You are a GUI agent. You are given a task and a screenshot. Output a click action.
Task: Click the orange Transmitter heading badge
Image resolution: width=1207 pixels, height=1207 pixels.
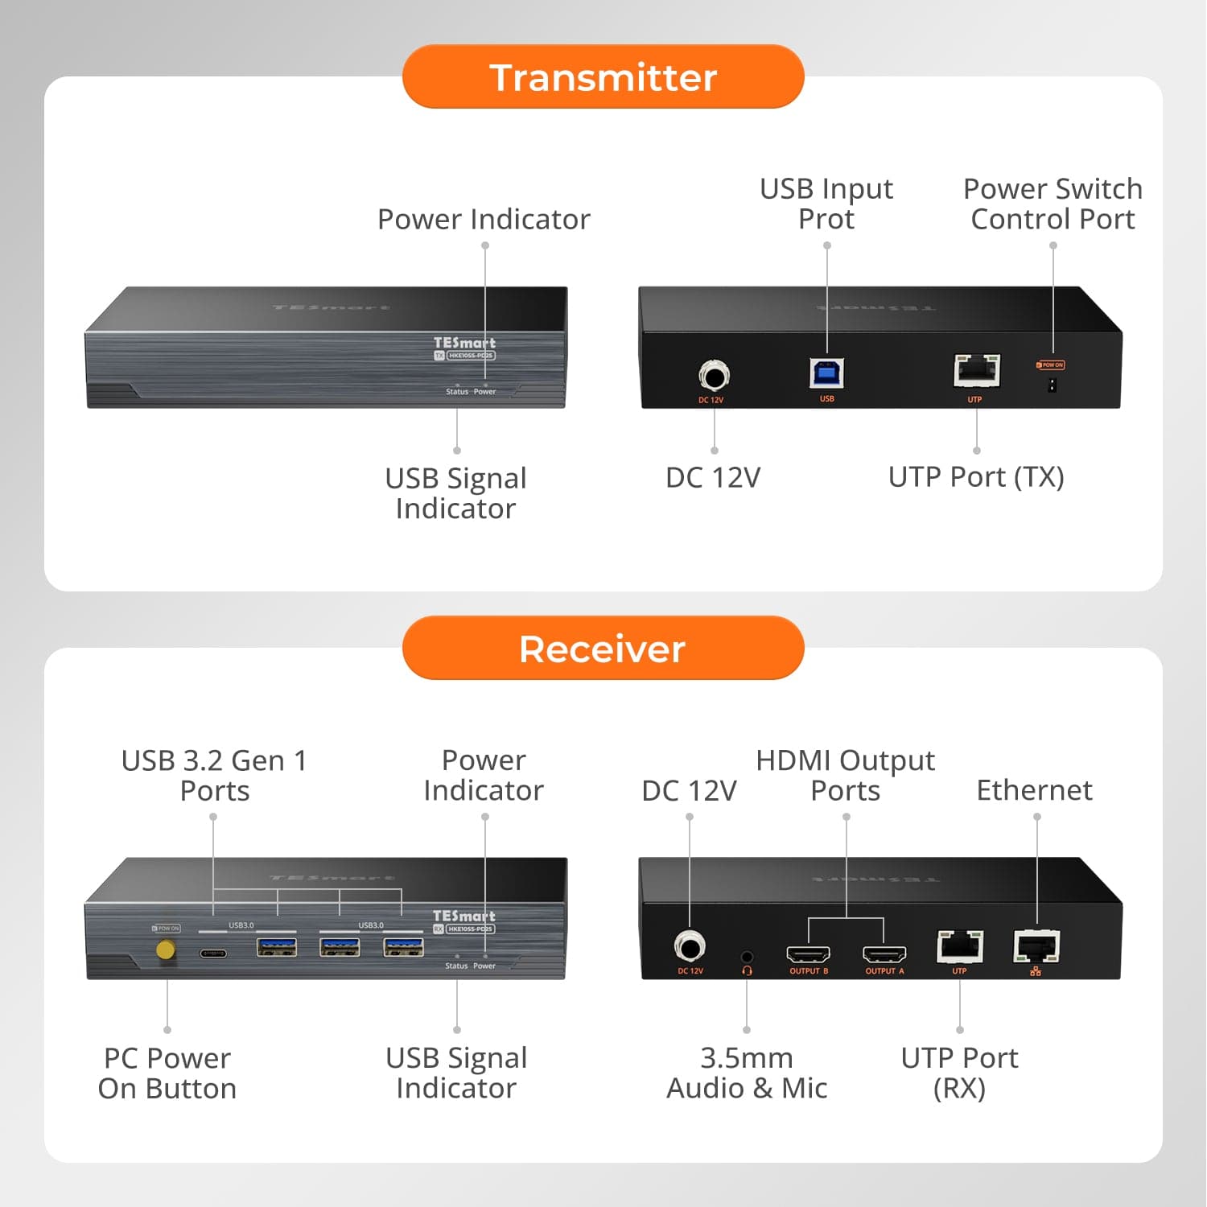pos(603,77)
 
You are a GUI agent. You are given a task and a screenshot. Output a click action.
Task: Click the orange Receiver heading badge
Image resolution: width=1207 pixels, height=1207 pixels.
pos(603,649)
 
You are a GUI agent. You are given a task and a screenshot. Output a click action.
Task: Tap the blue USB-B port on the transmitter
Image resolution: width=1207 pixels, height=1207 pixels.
pos(826,373)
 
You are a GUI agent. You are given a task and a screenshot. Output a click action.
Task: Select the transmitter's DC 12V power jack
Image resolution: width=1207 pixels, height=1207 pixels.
pos(714,375)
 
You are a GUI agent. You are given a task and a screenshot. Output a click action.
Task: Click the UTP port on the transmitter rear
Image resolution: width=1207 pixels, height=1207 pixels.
pos(976,371)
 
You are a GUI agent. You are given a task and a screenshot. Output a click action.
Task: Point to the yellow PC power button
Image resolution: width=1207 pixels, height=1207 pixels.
pos(166,950)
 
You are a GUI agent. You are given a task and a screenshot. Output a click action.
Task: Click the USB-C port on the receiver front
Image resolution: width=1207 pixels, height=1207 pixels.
pos(213,954)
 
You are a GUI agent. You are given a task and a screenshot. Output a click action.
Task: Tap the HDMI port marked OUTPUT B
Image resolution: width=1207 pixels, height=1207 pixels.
pos(808,954)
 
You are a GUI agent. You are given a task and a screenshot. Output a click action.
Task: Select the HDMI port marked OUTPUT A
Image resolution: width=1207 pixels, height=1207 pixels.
pos(884,954)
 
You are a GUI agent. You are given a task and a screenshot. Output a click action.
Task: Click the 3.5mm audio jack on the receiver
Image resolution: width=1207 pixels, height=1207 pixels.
pos(747,957)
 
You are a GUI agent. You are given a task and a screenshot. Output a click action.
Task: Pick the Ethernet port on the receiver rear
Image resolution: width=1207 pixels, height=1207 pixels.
pos(1036,946)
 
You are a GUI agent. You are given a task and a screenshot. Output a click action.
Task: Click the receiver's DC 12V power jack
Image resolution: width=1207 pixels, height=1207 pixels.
pos(690,946)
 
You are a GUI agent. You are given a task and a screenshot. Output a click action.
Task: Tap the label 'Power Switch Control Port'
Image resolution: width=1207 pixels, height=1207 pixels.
pos(1053,204)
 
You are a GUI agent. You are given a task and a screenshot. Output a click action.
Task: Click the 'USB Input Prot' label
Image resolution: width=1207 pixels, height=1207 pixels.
pos(826,204)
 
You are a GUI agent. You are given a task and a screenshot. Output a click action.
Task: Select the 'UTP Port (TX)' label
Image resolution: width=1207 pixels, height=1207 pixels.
pos(976,477)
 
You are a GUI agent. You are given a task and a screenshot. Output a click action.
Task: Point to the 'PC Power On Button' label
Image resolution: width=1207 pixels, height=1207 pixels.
pos(167,1073)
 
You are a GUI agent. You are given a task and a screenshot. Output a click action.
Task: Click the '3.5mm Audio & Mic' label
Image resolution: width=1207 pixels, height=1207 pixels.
pos(747,1073)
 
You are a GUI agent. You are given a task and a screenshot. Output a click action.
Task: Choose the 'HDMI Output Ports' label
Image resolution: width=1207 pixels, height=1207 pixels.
pos(845,775)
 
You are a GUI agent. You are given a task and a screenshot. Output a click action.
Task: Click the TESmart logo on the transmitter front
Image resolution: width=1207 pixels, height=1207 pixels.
pos(464,343)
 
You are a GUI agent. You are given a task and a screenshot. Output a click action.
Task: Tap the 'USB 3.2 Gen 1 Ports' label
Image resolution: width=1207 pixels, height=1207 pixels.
pos(214,775)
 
